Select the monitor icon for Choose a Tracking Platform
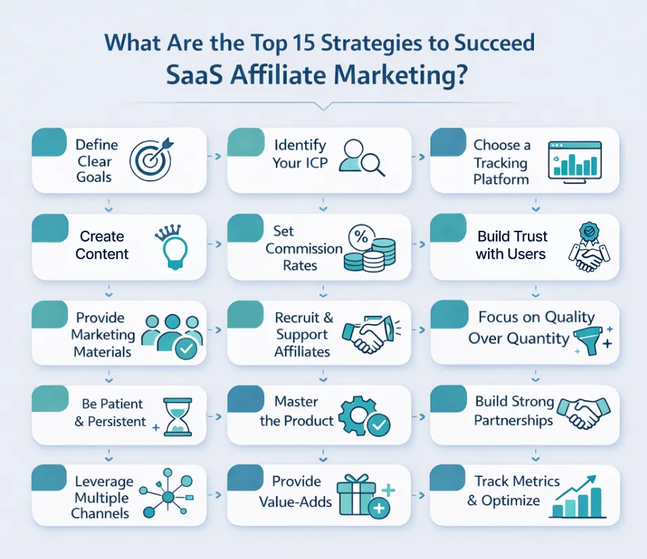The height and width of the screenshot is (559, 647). tap(575, 162)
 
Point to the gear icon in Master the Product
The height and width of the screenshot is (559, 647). tap(355, 416)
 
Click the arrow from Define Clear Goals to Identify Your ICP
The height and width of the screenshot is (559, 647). tap(217, 156)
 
